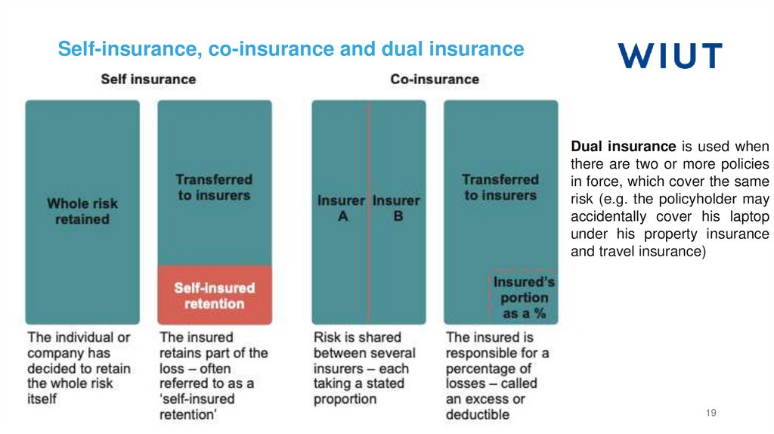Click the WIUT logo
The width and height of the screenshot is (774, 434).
tap(670, 56)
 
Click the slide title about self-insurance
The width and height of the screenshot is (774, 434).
tap(291, 49)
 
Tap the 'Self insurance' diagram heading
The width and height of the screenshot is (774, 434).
tap(148, 79)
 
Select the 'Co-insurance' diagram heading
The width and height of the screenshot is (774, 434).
tap(435, 79)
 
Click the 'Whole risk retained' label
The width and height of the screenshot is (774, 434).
tap(82, 212)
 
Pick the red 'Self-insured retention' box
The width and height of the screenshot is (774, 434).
tap(215, 296)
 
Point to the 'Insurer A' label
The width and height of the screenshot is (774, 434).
tap(341, 209)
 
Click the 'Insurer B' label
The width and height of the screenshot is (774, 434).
tap(396, 209)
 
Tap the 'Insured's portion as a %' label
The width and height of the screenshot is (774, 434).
tap(524, 297)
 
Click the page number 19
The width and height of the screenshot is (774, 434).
tap(711, 412)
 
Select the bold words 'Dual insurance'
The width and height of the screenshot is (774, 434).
tap(623, 147)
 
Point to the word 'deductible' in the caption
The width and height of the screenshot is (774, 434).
tap(478, 414)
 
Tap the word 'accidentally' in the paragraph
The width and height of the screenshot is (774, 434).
tap(608, 216)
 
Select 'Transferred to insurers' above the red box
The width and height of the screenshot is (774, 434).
tap(214, 188)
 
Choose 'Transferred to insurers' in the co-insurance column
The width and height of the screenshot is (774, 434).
tap(500, 188)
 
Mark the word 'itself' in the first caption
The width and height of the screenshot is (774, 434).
tap(42, 398)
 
